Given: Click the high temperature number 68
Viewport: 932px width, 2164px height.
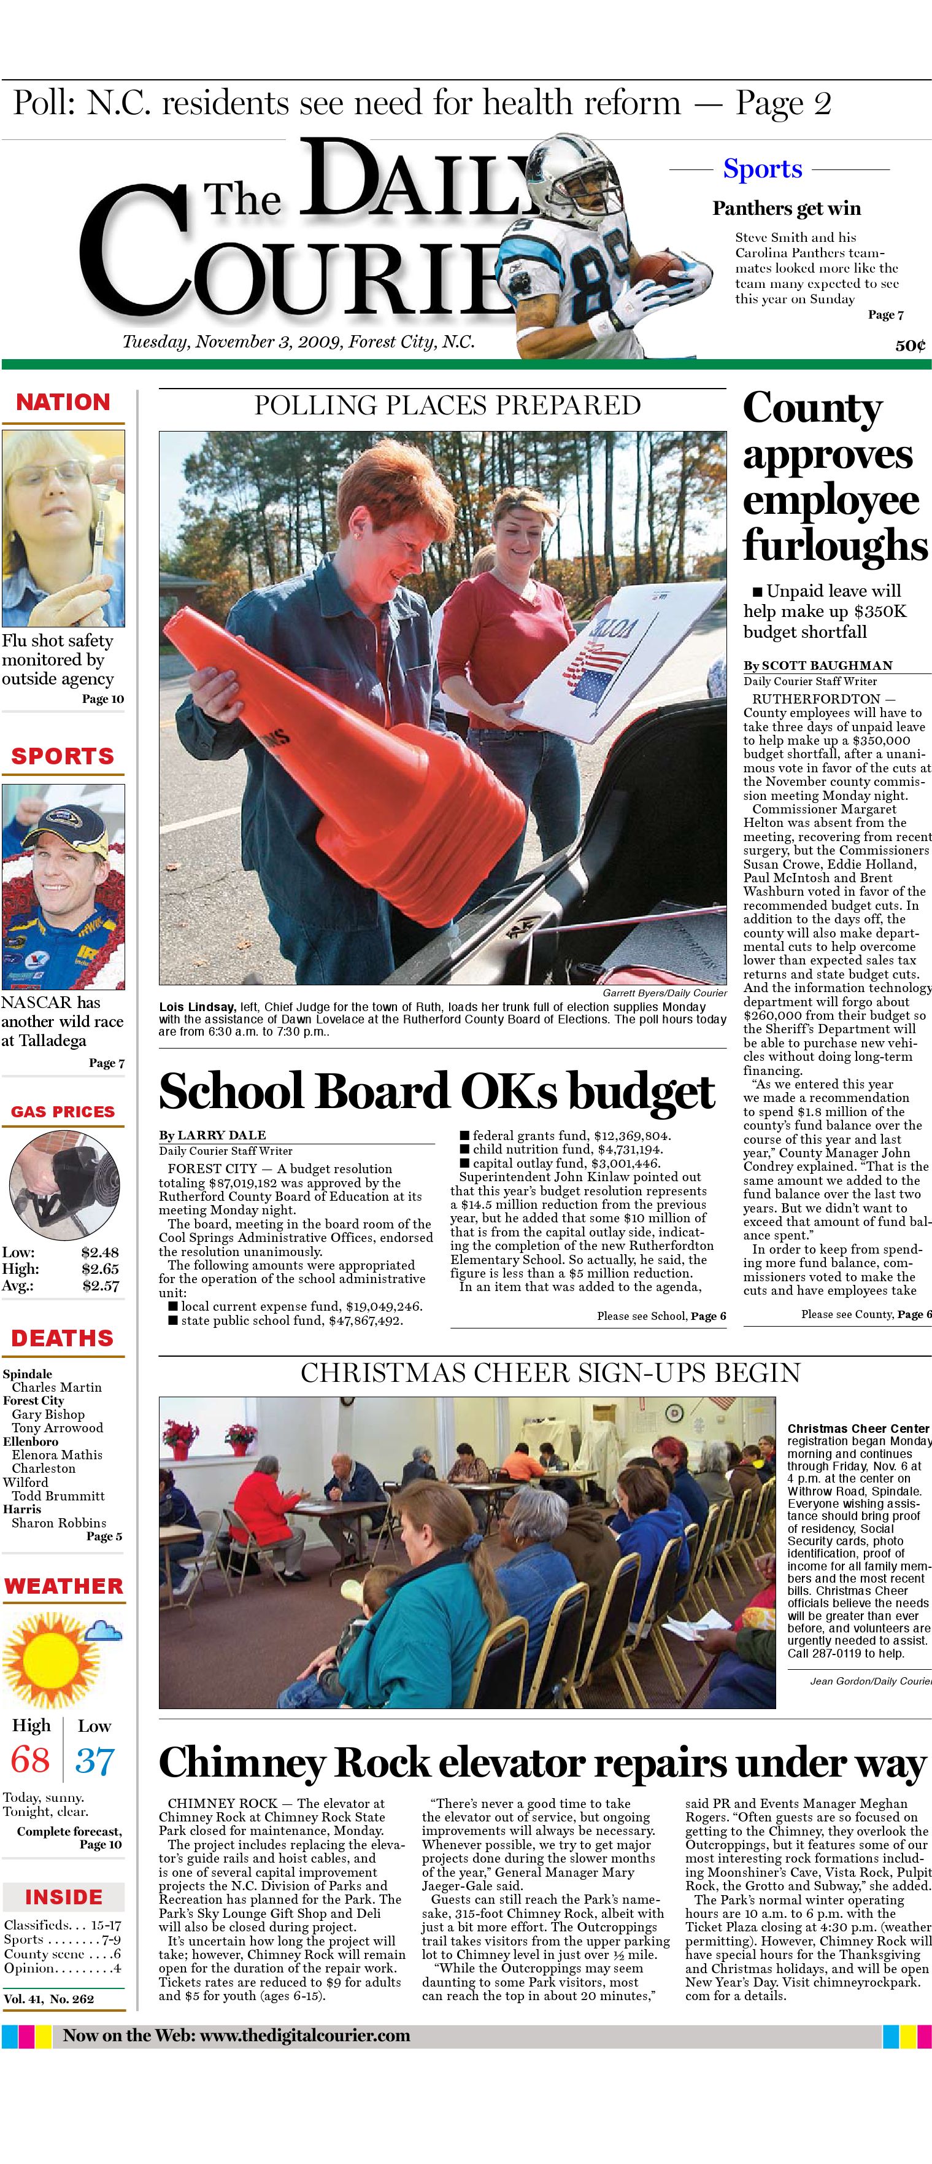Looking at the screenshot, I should (30, 1761).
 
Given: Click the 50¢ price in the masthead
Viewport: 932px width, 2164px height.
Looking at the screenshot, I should (909, 345).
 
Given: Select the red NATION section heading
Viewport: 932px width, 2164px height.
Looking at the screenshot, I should (63, 402).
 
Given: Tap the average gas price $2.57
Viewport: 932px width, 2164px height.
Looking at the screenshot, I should (100, 1286).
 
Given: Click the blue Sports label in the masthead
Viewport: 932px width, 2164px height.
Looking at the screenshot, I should (763, 169).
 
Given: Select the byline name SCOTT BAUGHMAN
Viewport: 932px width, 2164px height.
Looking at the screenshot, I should (826, 665).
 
